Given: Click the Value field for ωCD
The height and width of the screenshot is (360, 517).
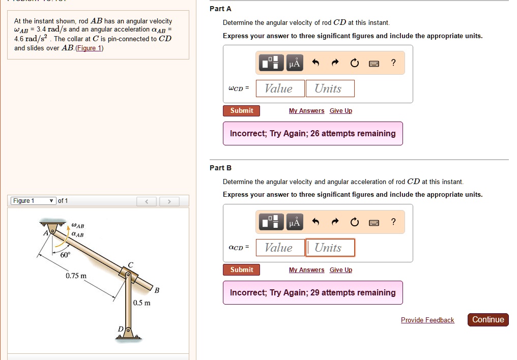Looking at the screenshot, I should (280, 88).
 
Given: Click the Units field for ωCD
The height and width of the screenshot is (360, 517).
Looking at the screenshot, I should (330, 88).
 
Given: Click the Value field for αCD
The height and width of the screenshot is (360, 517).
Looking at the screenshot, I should (280, 248).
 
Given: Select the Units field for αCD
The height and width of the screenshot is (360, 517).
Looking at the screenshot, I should (330, 248).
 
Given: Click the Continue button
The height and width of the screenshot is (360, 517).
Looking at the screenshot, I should (487, 319).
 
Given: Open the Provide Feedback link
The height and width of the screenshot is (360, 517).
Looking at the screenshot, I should (427, 320).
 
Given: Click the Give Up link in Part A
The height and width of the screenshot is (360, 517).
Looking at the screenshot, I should (340, 111).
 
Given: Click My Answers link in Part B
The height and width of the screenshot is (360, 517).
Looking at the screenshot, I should (306, 270).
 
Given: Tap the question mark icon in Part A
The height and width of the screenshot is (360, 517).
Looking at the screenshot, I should (393, 63).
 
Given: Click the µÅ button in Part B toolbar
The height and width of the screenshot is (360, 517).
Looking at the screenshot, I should (295, 222).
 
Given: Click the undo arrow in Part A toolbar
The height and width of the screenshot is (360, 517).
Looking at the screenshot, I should (315, 63).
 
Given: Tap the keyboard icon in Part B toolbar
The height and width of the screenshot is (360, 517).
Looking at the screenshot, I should (374, 222).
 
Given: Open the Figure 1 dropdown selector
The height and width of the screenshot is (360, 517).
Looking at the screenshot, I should (33, 201).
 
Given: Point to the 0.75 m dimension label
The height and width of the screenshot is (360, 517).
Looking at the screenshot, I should (76, 276).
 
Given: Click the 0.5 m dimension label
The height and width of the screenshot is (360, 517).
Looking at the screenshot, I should (141, 303).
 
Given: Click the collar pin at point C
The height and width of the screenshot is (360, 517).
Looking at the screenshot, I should (129, 275).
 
